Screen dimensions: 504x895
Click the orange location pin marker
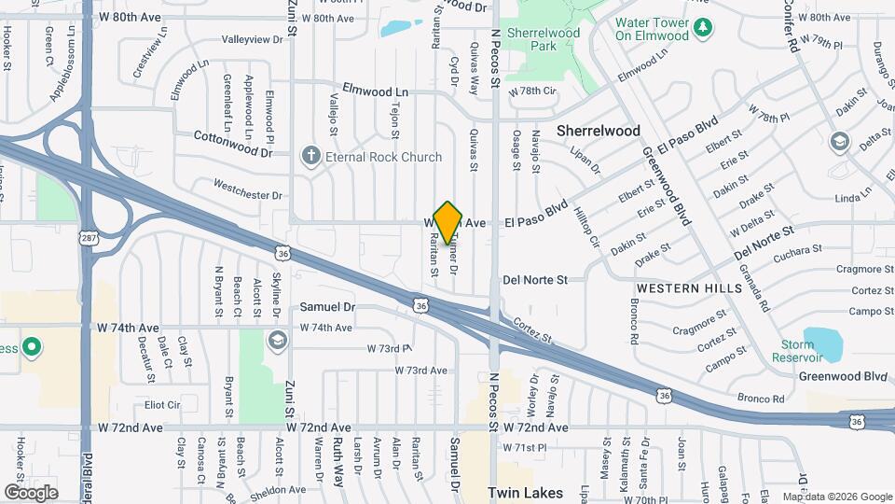(x=448, y=223)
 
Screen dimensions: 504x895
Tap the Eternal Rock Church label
(x=382, y=157)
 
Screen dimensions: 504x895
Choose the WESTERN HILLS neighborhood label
(x=690, y=287)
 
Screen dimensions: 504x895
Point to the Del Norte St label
(x=535, y=279)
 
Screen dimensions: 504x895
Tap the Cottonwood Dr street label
(x=233, y=136)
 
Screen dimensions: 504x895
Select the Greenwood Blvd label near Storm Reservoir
(x=842, y=376)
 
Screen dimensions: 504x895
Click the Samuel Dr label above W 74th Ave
(x=328, y=306)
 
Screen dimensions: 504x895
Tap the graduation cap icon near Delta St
(x=838, y=142)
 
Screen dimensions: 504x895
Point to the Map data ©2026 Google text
(x=837, y=496)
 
